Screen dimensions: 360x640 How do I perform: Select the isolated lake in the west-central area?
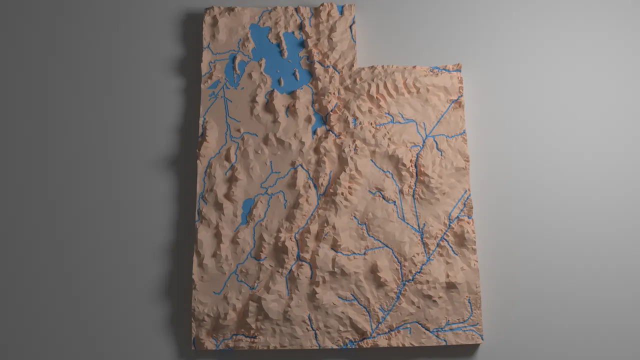[x=246, y=210]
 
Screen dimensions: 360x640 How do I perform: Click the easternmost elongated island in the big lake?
[x=296, y=75]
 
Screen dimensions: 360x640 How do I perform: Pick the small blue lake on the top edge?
[x=340, y=9]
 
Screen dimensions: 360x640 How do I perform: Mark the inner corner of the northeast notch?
[x=356, y=66]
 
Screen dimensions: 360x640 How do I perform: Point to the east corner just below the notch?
[x=460, y=65]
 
